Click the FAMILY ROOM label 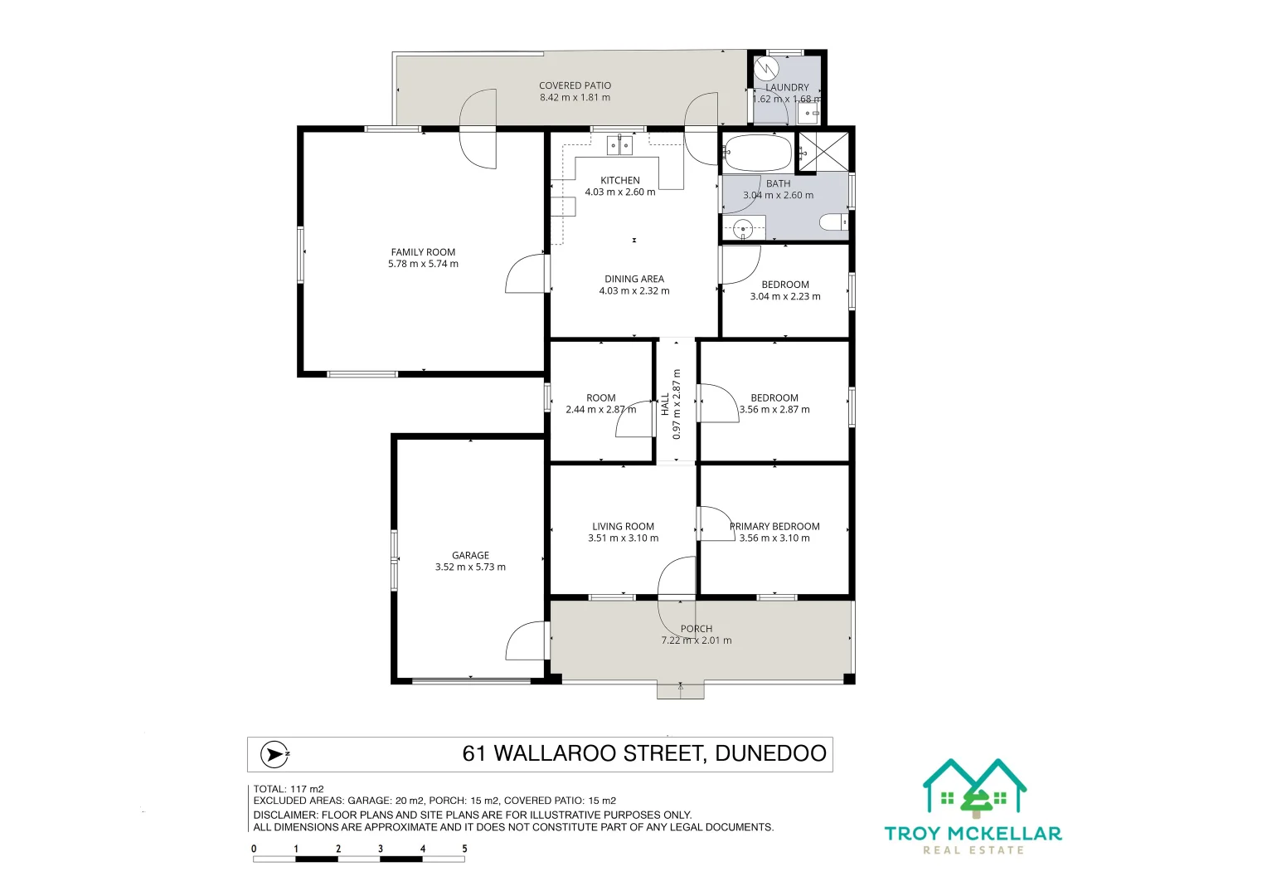[423, 252]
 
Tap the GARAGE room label [470, 556]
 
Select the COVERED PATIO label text [575, 85]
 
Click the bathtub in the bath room [758, 153]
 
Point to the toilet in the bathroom [833, 222]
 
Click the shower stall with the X [823, 151]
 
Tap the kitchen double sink [619, 146]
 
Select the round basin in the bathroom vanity [744, 227]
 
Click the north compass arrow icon [274, 754]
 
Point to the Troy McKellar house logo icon [974, 786]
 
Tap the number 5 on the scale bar [464, 849]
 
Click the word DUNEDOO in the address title [770, 753]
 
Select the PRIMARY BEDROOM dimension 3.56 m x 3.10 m [774, 538]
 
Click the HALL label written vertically [665, 404]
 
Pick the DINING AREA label [634, 280]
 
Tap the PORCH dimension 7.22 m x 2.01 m [696, 640]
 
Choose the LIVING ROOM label [623, 527]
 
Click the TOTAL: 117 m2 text [289, 789]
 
